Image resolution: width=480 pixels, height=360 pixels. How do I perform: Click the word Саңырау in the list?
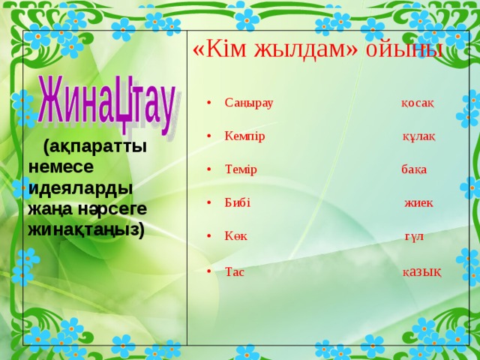click(248, 103)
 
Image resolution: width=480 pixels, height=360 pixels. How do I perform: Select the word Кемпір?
click(244, 136)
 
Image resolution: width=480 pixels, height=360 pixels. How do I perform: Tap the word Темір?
click(241, 169)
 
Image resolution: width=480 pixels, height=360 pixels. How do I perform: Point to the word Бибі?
click(238, 202)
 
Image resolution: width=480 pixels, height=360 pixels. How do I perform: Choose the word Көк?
click(236, 236)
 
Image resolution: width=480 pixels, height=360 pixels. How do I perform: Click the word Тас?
click(235, 271)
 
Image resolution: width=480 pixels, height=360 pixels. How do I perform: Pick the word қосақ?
click(418, 103)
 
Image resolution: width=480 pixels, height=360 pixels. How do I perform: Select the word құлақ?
click(418, 136)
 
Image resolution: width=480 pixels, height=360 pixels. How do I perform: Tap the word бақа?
click(414, 169)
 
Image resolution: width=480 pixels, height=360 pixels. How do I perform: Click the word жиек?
click(418, 202)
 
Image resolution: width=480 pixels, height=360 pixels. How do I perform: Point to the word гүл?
click(415, 237)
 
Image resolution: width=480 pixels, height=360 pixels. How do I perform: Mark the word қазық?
click(421, 272)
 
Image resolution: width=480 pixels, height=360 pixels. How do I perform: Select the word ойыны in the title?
click(404, 50)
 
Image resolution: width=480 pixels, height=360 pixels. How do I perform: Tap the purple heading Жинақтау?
click(106, 105)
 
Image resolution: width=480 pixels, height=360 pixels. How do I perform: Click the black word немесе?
click(61, 167)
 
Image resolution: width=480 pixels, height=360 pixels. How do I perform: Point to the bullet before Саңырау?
click(209, 103)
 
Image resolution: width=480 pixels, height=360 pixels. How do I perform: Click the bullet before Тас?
click(209, 271)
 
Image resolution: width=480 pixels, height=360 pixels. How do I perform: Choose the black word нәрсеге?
click(112, 209)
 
